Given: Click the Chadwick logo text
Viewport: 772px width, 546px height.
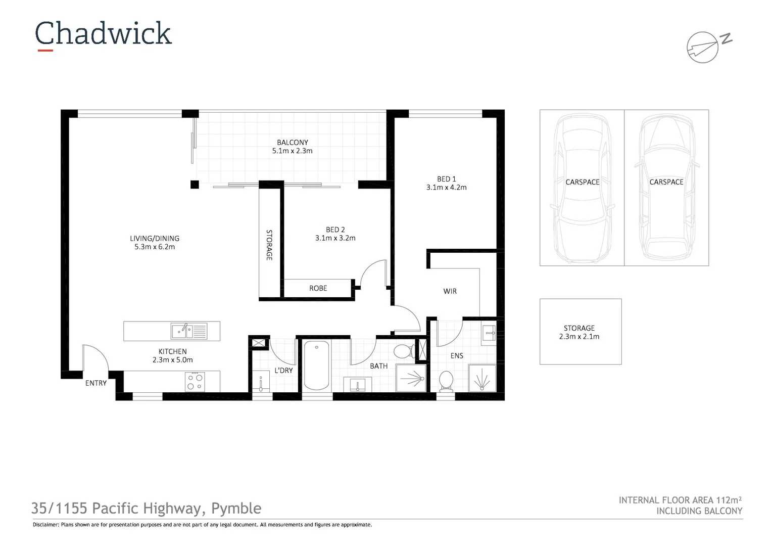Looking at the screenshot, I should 104,34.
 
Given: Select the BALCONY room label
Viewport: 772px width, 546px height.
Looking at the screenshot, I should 292,143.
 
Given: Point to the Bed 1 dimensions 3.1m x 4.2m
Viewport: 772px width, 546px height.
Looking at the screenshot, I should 446,188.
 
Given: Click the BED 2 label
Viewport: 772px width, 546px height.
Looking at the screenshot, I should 335,230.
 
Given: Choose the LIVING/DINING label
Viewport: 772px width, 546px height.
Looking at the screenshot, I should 155,239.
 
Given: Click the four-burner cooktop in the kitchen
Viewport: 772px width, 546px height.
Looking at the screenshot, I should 195,381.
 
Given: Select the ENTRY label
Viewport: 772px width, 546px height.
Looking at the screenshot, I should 96,383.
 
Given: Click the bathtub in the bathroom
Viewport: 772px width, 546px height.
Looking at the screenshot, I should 317,365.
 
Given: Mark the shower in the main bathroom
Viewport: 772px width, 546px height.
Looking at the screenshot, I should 410,378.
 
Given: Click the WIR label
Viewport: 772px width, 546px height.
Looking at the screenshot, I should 450,291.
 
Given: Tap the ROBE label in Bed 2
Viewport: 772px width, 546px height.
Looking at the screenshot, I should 318,288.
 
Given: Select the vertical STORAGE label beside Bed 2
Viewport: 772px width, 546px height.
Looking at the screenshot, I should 269,245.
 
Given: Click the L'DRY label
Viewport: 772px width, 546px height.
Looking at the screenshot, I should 283,371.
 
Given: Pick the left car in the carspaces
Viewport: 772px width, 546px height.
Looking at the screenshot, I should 582,187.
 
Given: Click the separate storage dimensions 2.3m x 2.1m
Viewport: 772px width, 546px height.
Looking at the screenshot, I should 579,337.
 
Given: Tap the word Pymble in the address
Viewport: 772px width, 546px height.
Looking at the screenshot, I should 236,508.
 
